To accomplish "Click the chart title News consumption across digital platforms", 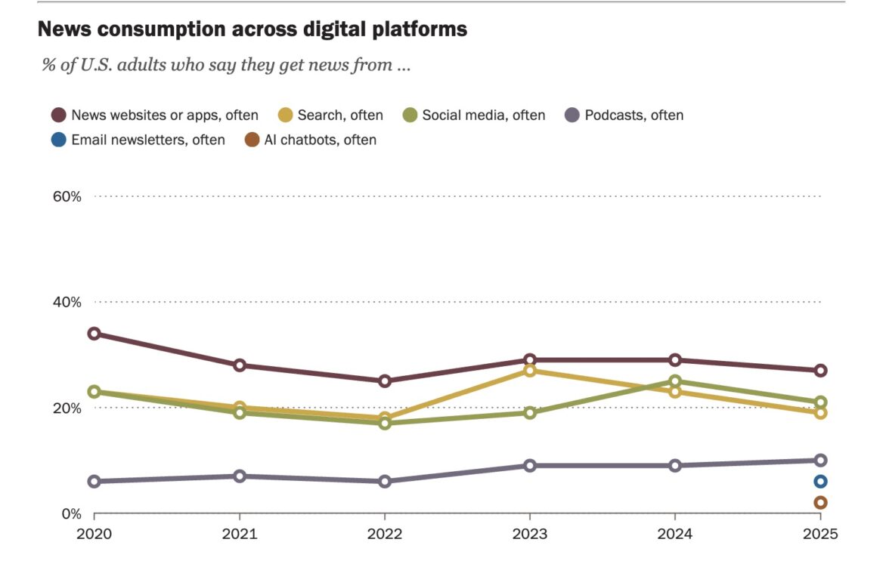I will point(252,29).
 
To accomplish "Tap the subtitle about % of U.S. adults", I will point(226,65).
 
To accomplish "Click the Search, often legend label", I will point(339,116).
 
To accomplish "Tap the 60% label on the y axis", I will point(67,196).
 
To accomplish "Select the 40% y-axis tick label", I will point(67,302).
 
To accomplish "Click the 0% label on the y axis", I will point(71,514).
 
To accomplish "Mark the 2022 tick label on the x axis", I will point(385,535).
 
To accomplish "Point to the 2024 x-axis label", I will point(675,535).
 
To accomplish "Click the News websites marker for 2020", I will point(94,334).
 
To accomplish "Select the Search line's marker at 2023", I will point(530,371).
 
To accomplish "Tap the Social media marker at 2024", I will point(675,381).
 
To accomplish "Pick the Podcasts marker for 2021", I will point(240,476).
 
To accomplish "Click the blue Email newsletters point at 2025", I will point(820,482).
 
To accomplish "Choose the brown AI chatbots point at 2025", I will point(820,503).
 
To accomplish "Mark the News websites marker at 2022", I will point(385,381).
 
